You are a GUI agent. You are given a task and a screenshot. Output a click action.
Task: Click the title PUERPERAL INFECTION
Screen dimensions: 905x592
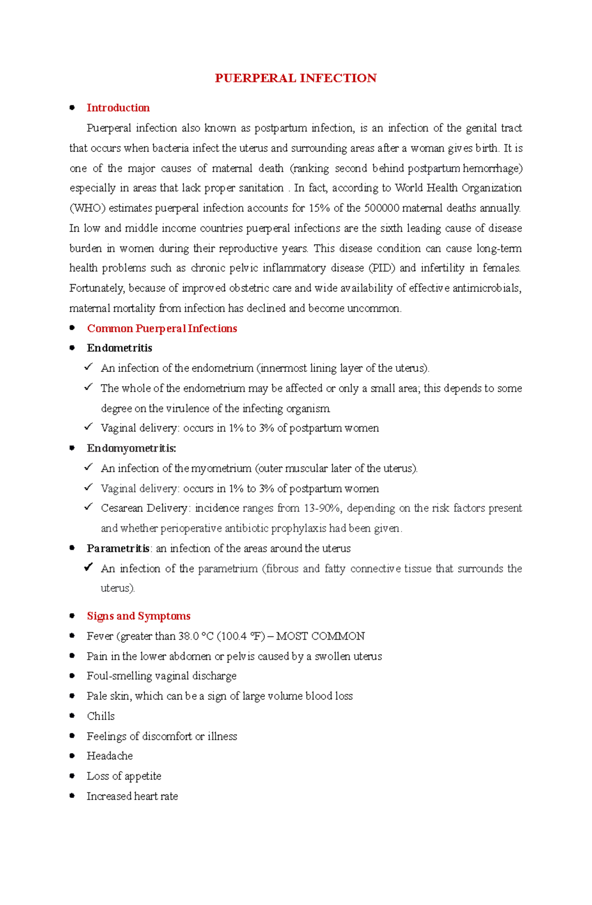click(296, 78)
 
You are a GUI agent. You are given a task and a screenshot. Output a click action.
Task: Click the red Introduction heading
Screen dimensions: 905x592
click(118, 108)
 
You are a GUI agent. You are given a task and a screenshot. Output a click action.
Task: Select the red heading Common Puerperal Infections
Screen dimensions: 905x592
click(162, 328)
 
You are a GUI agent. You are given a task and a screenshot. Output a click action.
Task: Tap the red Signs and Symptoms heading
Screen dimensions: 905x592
click(139, 616)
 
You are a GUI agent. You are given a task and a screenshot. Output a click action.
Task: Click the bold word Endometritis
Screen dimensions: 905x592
click(119, 348)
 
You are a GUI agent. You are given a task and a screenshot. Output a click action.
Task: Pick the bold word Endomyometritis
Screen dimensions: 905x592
click(131, 448)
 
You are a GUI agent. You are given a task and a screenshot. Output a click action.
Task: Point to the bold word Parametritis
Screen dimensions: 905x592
click(118, 548)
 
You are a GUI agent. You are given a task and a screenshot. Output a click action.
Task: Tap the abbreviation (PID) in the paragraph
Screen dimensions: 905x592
click(382, 268)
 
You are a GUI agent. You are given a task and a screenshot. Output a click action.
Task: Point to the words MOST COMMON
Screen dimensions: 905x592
click(321, 636)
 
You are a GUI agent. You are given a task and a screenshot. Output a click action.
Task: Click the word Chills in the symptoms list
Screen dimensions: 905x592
click(101, 716)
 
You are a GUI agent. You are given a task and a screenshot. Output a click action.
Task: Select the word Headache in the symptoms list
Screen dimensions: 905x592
click(110, 756)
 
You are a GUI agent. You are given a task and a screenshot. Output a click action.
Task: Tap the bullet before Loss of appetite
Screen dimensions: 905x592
click(72, 776)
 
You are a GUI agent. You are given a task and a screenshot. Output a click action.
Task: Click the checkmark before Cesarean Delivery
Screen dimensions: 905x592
click(88, 507)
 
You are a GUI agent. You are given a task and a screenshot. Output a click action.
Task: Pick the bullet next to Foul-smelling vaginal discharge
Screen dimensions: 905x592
click(72, 676)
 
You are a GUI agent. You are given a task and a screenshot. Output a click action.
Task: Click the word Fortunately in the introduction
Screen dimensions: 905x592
click(97, 288)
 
